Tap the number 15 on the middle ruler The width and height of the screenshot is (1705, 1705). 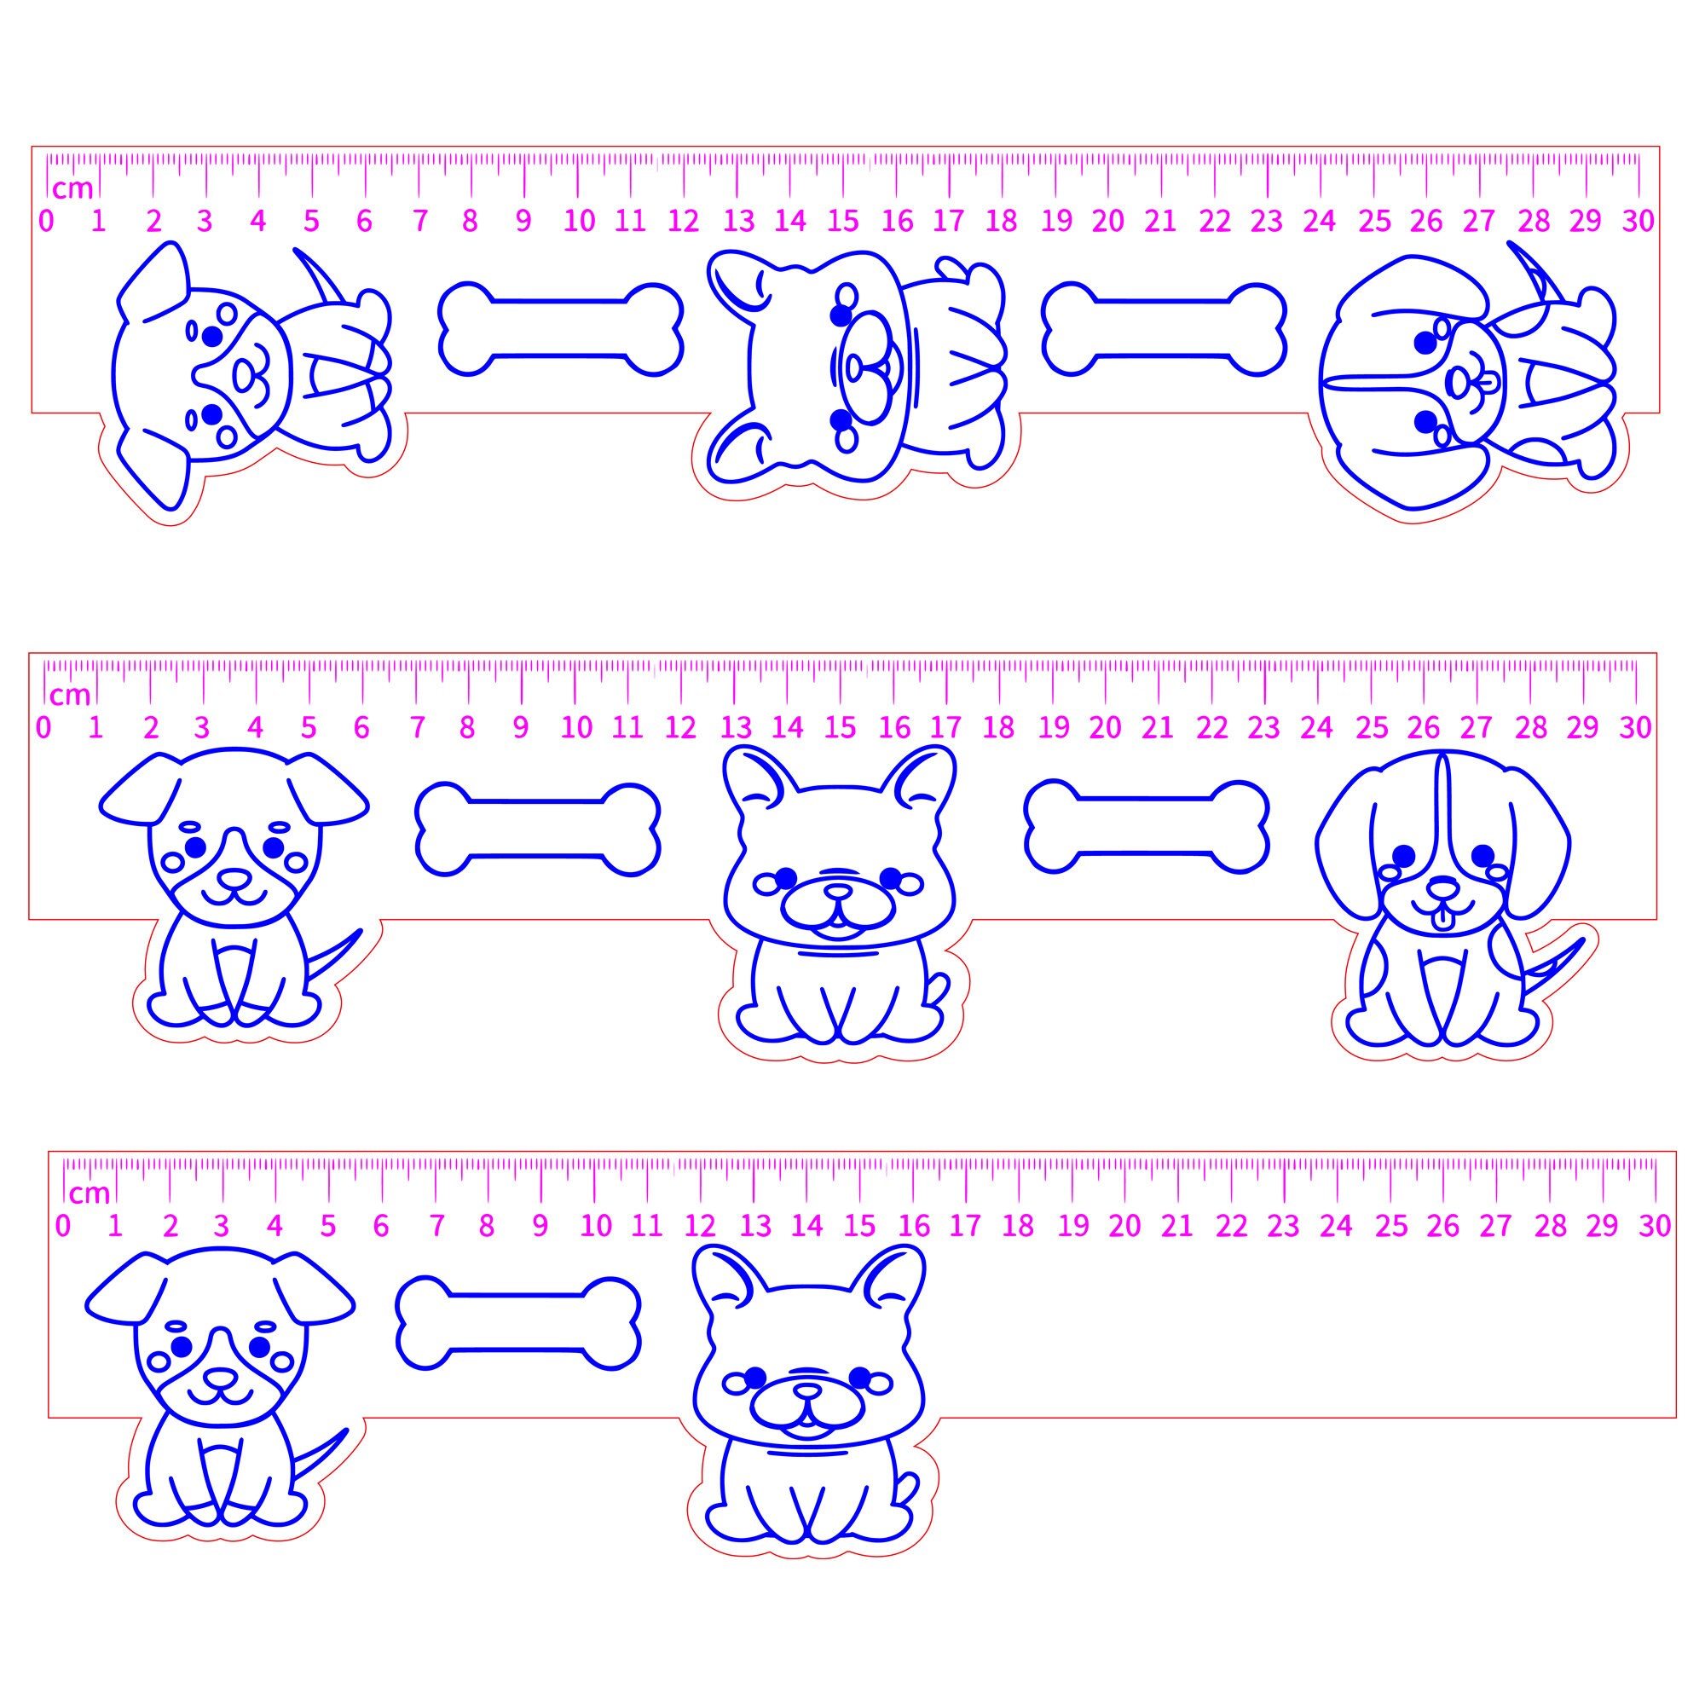coord(841,727)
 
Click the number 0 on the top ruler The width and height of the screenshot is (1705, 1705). coord(46,221)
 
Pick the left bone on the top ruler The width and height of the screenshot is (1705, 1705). coord(560,328)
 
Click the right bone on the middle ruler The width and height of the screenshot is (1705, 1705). coord(1147,827)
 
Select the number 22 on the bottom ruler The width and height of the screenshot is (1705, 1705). coord(1231,1226)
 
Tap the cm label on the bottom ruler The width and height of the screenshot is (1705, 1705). coord(90,1194)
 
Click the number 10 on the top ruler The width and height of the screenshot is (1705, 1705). coord(579,221)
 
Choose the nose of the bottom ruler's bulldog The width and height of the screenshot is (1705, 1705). coord(806,1390)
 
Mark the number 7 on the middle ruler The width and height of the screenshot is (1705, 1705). coord(418,728)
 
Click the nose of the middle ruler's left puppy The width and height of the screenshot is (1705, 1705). coord(234,878)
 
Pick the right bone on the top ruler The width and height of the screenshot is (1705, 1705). coord(1163,328)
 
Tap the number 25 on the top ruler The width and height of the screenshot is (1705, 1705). coord(1374,221)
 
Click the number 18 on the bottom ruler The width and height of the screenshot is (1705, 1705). coord(1018,1226)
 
